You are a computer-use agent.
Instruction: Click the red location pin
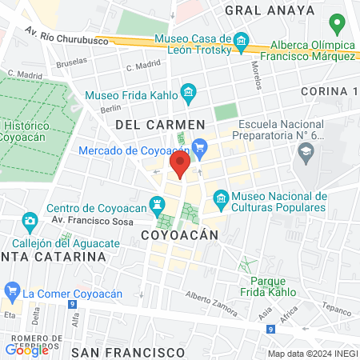[181, 166]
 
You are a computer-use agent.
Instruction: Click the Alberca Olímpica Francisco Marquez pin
[338, 24]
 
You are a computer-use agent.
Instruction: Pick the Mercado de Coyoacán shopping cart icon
[200, 146]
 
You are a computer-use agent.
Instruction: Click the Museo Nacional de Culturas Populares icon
[222, 197]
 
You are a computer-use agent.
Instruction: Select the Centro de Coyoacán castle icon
[157, 203]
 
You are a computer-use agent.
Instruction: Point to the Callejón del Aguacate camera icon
[30, 219]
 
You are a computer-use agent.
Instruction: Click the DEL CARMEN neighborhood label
[160, 125]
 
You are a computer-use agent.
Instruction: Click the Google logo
[27, 350]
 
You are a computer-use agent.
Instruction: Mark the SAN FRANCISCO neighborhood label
[128, 351]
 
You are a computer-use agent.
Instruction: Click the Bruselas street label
[72, 61]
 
